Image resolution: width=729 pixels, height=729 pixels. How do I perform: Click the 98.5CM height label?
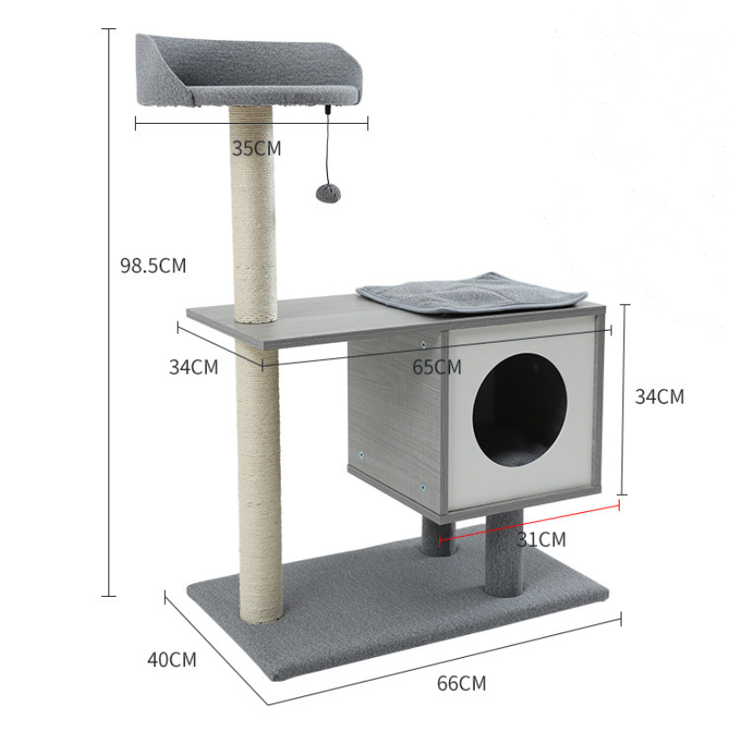coord(153,265)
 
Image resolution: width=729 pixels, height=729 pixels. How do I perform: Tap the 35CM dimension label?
coord(257,149)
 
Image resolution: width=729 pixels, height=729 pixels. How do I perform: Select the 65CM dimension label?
coord(436,367)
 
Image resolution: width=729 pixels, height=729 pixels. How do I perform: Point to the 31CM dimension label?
coord(541,539)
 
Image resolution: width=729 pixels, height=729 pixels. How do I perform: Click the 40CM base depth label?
coord(172,660)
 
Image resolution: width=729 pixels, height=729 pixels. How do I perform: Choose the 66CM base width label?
coord(461,683)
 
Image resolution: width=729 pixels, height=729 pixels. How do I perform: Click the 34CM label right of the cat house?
coord(660,396)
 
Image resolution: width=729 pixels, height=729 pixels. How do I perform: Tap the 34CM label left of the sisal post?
coord(193,367)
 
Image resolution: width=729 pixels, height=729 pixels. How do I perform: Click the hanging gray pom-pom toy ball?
coord(328,192)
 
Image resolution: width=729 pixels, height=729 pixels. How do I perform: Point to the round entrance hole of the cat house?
coord(519,409)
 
